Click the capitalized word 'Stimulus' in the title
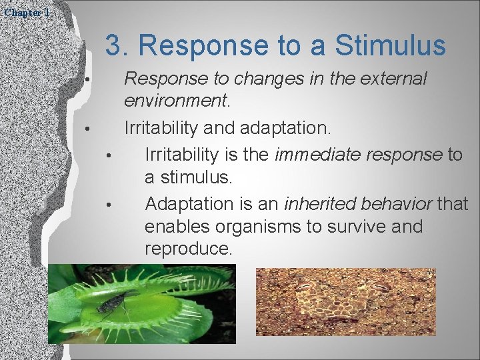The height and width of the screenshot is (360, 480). click(x=390, y=46)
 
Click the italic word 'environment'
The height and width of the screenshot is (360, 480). click(x=175, y=102)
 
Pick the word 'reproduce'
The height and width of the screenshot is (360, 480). click(x=187, y=250)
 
